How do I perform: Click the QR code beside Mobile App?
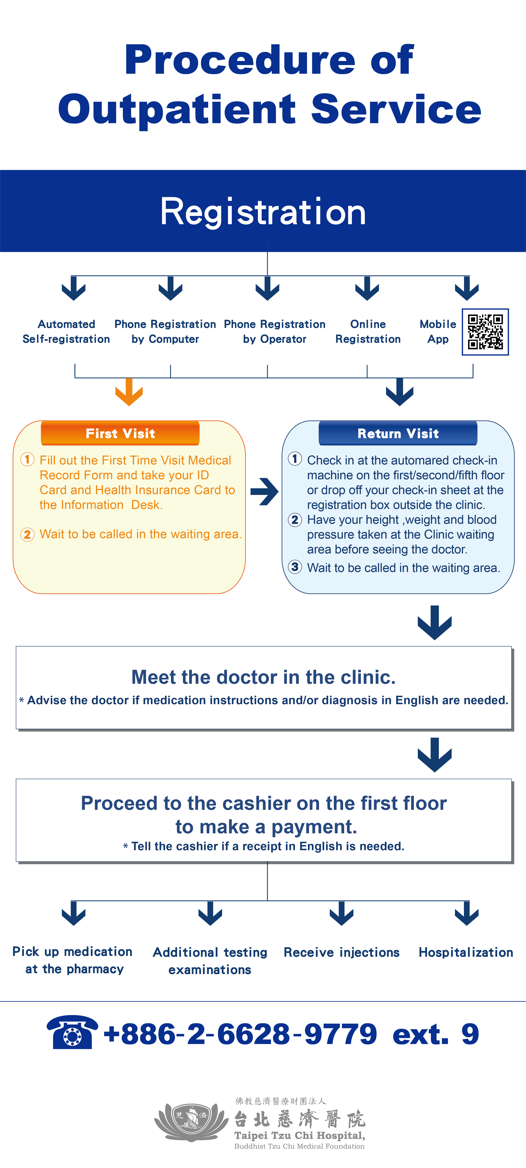[485, 332]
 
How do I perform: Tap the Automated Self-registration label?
[66, 331]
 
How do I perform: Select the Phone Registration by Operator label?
[275, 331]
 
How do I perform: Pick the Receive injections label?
[342, 953]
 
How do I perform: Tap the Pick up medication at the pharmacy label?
[73, 960]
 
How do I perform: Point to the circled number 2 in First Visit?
[27, 535]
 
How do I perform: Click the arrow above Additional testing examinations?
[210, 913]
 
